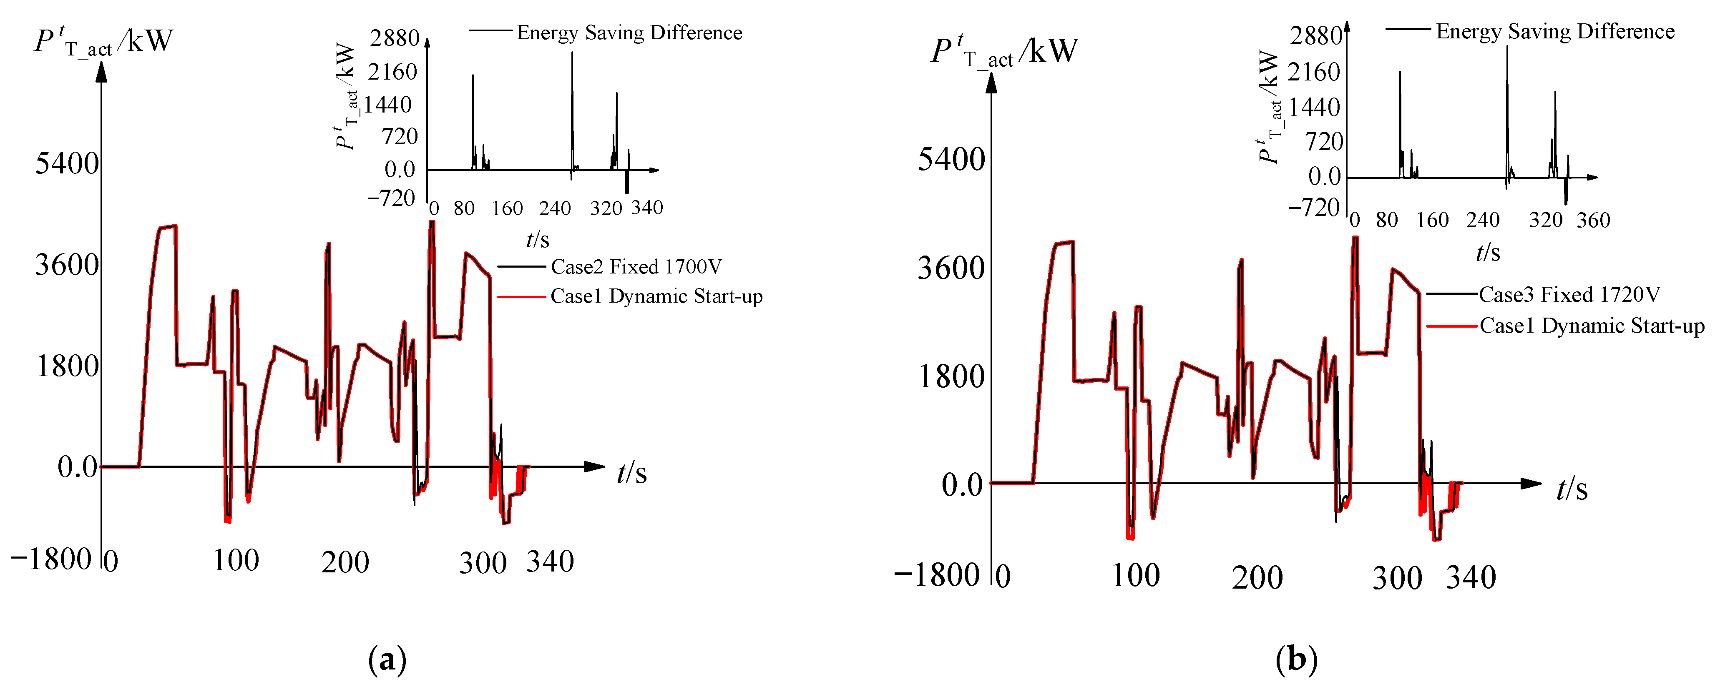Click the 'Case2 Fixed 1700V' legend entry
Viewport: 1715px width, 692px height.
pyautogui.click(x=636, y=267)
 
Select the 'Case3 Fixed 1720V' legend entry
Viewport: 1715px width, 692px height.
pyautogui.click(x=1569, y=295)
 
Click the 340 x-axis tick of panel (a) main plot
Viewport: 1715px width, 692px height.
pyautogui.click(x=550, y=562)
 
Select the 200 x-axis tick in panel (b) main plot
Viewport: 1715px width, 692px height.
pyautogui.click(x=1257, y=577)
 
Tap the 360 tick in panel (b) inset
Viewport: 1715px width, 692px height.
pyautogui.click(x=1593, y=220)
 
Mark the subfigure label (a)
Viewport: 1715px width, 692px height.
pyautogui.click(x=387, y=660)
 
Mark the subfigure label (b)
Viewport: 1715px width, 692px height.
pyautogui.click(x=1296, y=660)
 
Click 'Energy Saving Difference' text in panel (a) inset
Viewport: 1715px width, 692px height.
pyautogui.click(x=629, y=33)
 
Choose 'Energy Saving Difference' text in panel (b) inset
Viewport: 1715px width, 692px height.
pyautogui.click(x=1554, y=31)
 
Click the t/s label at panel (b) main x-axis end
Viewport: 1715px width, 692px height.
pyautogui.click(x=1572, y=489)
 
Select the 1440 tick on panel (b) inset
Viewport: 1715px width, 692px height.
pyautogui.click(x=1313, y=107)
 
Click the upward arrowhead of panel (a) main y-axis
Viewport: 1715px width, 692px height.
pyautogui.click(x=101, y=71)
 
